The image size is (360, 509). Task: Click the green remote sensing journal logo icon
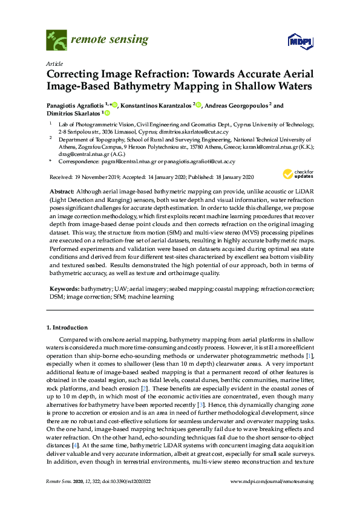click(x=56, y=41)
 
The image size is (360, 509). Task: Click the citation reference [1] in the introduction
click(x=309, y=357)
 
